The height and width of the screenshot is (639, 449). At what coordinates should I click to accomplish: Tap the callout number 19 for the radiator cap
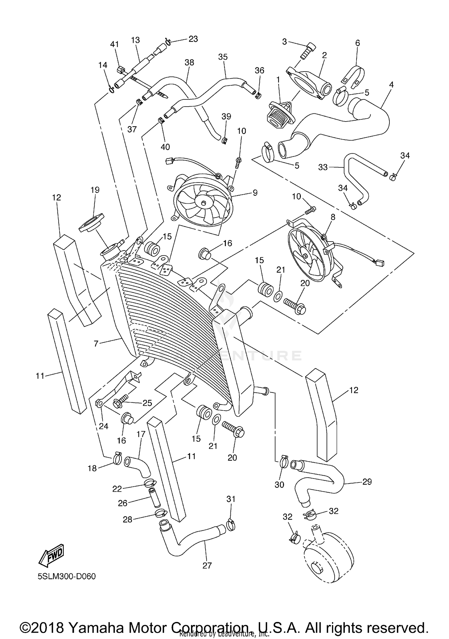click(95, 190)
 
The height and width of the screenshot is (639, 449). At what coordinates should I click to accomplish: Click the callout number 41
click(115, 44)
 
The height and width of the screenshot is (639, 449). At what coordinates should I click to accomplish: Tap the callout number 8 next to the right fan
click(333, 217)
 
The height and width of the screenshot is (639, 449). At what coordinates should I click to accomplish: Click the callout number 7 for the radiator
click(96, 344)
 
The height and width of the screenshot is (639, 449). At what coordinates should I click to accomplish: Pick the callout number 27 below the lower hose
click(207, 565)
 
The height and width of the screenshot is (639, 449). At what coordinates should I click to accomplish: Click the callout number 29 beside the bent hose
click(367, 482)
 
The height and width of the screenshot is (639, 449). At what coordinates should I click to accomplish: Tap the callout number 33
click(323, 167)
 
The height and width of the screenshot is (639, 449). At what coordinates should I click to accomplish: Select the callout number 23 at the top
click(193, 39)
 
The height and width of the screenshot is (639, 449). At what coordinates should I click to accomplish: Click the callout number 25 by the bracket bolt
click(147, 403)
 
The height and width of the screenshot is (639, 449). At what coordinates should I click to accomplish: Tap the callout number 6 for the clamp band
click(357, 43)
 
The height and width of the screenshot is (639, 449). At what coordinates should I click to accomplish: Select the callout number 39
click(226, 116)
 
